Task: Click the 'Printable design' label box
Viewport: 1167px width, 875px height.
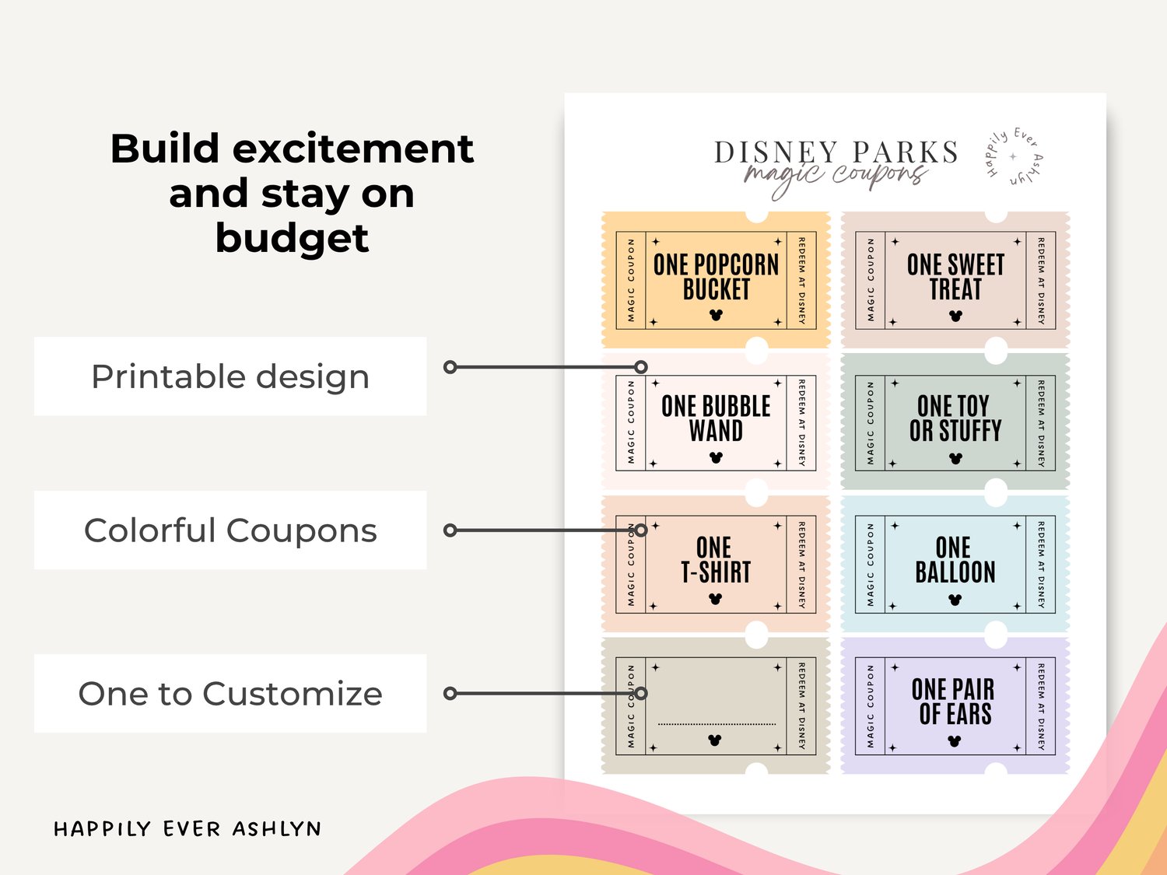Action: [x=230, y=376]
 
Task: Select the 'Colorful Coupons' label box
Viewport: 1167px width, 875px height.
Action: [x=230, y=530]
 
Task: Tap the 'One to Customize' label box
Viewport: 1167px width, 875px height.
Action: [x=230, y=693]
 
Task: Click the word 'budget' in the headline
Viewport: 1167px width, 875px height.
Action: [x=292, y=239]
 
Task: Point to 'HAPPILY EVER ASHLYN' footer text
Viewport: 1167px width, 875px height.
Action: [x=187, y=829]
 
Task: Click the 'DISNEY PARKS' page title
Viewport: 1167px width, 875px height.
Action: [x=836, y=152]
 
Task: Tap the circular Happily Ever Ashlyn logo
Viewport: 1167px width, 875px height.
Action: [x=1014, y=157]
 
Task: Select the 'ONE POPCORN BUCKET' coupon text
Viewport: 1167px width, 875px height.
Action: [x=717, y=277]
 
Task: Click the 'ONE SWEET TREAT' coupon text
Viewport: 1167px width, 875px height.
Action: [x=955, y=277]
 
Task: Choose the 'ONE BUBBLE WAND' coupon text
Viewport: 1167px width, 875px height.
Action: [x=717, y=418]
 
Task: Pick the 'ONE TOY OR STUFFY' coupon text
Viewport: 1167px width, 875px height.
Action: [x=955, y=418]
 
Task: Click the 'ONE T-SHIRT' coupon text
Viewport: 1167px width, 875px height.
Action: [x=716, y=560]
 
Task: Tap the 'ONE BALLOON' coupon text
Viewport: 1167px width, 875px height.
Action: [x=955, y=560]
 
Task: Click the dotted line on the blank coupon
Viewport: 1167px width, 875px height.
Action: [x=717, y=724]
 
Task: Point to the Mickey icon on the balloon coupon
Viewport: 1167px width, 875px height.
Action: [x=955, y=600]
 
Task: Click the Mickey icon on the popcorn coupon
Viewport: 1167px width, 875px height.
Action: [x=716, y=315]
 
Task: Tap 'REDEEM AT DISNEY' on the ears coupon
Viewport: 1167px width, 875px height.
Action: [x=1040, y=706]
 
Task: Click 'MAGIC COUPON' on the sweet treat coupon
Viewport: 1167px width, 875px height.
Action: [x=871, y=280]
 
